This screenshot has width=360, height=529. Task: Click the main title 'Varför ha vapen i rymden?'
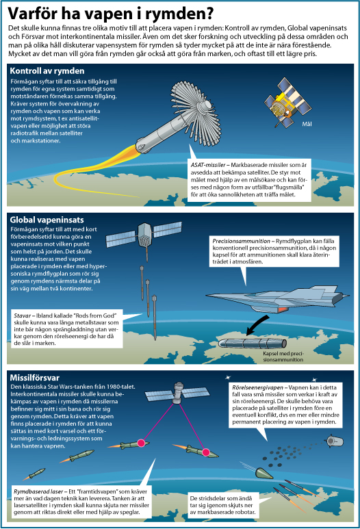(111, 14)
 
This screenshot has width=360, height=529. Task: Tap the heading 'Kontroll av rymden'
(47, 71)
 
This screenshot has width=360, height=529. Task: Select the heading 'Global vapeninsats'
(47, 220)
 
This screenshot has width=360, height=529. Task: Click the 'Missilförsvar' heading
(34, 378)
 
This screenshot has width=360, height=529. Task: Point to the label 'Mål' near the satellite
(307, 124)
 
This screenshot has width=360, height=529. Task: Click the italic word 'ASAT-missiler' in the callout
(208, 165)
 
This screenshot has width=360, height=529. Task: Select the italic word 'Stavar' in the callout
(23, 315)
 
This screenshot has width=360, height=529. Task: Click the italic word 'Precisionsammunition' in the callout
(241, 241)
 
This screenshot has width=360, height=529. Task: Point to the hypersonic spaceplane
(277, 299)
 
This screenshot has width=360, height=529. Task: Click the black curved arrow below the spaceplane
(257, 325)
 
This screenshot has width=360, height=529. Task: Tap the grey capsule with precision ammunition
(253, 344)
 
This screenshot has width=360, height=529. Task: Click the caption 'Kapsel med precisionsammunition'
(283, 357)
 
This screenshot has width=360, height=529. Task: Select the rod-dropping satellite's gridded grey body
(144, 235)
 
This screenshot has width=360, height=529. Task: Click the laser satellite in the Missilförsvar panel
(177, 393)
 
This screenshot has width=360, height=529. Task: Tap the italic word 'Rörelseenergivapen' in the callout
(258, 387)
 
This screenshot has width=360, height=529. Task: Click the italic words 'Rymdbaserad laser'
(38, 491)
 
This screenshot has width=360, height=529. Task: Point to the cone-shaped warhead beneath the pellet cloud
(264, 473)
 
